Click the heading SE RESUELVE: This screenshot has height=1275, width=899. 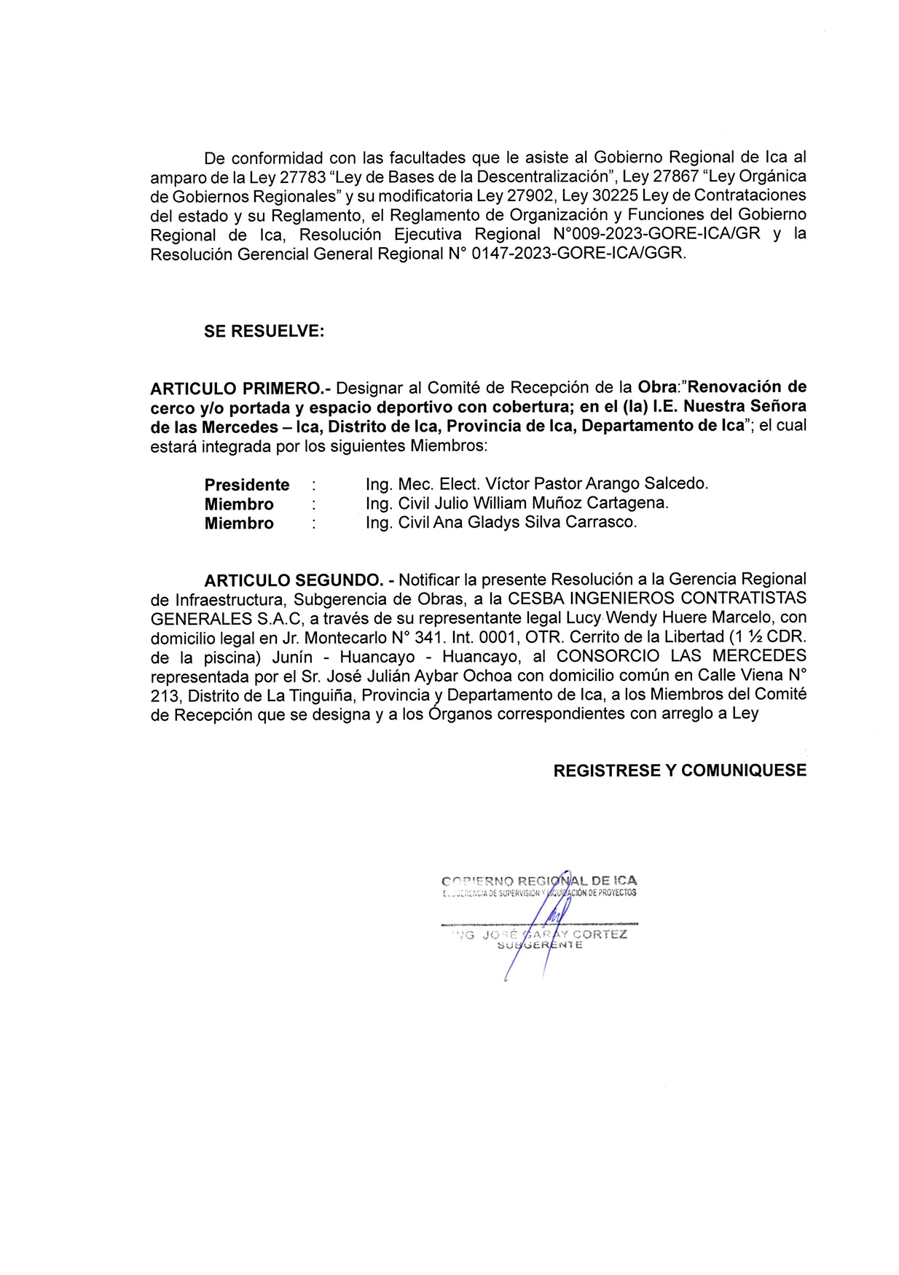click(264, 331)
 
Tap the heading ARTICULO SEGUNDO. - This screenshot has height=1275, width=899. click(299, 580)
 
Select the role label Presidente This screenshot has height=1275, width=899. click(246, 485)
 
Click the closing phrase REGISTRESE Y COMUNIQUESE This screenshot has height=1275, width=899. click(679, 771)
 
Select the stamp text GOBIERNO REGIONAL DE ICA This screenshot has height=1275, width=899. click(539, 881)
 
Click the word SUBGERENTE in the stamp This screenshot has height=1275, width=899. click(539, 945)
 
